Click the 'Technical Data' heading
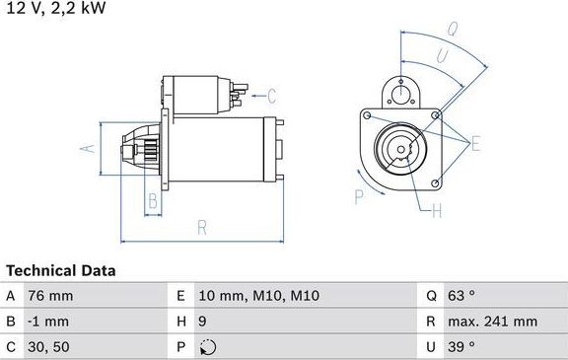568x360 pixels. pos(60,270)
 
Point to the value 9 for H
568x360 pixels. pos(202,321)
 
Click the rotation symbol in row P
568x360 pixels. pos(205,346)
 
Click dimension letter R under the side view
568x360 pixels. pos(201,227)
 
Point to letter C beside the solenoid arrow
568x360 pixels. pos(272,96)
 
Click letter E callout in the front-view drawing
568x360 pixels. pos(475,145)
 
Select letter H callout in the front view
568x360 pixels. pos(437,209)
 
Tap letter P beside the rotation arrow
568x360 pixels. pos(359,196)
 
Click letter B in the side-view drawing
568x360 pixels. pos(151,202)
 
